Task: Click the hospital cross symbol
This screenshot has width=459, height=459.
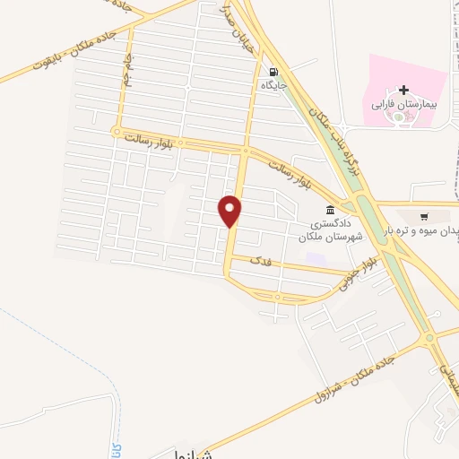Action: [x=403, y=90]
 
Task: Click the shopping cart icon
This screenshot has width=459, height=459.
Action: [x=424, y=216]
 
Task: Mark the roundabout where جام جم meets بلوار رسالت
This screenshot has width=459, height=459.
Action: [x=116, y=133]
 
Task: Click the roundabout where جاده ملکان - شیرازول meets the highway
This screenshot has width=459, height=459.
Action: [x=429, y=337]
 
